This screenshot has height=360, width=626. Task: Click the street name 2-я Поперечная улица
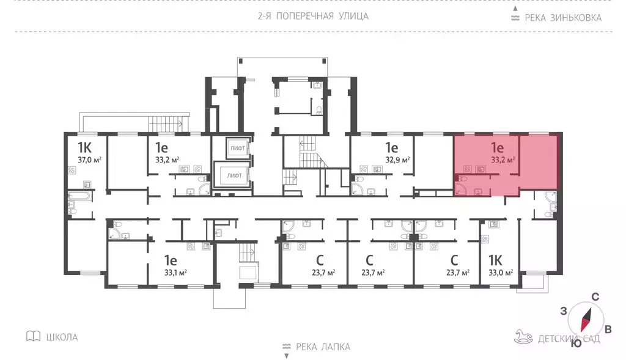[x=313, y=16]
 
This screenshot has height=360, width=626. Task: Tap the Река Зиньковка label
[x=562, y=18]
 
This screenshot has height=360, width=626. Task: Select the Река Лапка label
[x=323, y=347]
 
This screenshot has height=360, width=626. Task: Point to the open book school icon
[x=33, y=336]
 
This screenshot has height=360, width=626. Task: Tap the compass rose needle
[x=586, y=318]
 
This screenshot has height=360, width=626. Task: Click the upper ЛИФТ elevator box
[x=235, y=148]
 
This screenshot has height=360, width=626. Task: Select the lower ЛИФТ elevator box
[x=234, y=175]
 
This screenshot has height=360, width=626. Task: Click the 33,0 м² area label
[x=500, y=273]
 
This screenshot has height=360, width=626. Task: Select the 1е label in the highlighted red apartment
[x=496, y=147]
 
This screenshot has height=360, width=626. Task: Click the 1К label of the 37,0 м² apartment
[x=84, y=147]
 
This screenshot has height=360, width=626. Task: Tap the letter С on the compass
[x=594, y=297]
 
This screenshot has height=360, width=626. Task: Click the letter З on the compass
[x=563, y=310]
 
